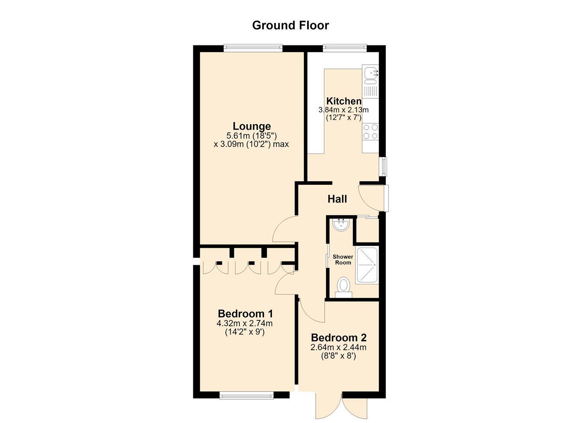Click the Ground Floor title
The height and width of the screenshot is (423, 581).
[x=290, y=25]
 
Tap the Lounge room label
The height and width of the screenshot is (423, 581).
[x=252, y=126]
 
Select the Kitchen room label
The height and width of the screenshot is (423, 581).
[x=344, y=101]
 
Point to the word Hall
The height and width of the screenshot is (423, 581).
[x=337, y=199]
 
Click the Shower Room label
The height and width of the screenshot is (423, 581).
[x=343, y=260]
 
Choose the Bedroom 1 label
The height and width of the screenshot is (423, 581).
[x=245, y=313]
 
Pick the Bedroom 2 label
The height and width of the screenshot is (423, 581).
[x=338, y=338]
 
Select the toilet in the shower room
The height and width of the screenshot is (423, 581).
[x=344, y=287]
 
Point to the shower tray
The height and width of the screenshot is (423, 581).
[x=367, y=265]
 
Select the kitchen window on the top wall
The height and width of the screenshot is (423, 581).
[x=345, y=47]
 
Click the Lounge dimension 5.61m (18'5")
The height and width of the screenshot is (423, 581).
[x=252, y=136]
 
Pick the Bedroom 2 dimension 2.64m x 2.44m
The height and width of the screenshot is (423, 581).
[x=338, y=347]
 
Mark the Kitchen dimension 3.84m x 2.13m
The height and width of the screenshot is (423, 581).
[x=344, y=110]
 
